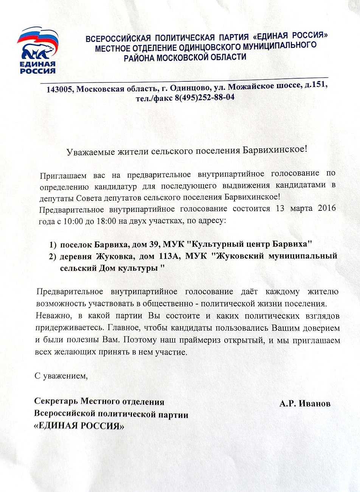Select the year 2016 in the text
[x=327, y=208]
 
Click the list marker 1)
[x=53, y=244]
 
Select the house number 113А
[x=168, y=256]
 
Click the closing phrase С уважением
[x=61, y=376]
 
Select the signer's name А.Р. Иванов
[x=305, y=403]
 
